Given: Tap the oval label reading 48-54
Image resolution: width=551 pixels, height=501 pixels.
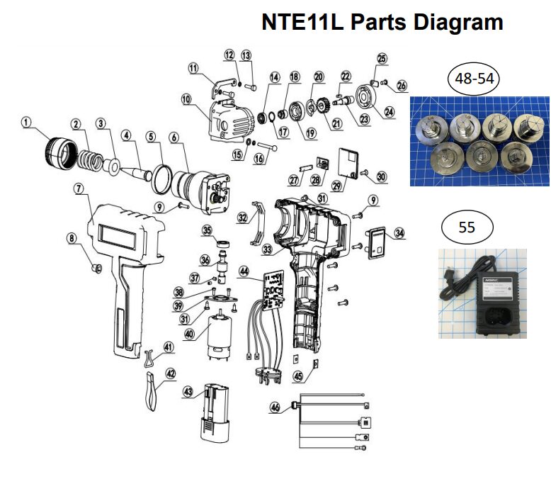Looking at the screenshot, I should (x=475, y=79).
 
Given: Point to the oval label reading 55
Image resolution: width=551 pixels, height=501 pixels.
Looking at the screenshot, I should (x=467, y=227).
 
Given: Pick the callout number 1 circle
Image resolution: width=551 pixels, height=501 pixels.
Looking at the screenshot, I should (x=27, y=123).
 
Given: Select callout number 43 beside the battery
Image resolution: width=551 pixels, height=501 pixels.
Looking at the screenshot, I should (x=188, y=391).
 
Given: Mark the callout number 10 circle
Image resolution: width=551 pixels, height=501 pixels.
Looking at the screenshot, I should (x=186, y=100).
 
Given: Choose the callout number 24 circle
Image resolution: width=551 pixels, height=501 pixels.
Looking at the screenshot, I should (x=389, y=111).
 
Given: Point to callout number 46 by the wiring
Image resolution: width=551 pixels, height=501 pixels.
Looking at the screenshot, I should (x=275, y=407).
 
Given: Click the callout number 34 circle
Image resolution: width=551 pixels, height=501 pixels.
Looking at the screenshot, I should (x=399, y=232).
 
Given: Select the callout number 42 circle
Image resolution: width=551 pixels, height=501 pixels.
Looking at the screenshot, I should (x=171, y=373).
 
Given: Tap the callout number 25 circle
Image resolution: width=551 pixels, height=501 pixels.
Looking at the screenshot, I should (x=382, y=58).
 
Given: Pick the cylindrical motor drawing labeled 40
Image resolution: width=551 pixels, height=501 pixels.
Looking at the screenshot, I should (x=219, y=334).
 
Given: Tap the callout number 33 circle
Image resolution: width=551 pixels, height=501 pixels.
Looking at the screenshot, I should (x=268, y=249).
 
